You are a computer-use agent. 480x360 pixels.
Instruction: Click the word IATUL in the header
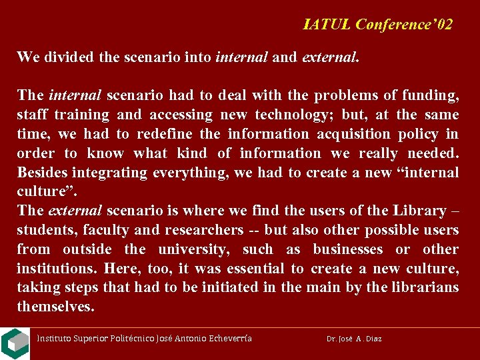[327, 25]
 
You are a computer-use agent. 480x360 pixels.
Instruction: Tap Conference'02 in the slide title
[404, 25]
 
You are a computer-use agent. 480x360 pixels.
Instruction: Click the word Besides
[43, 172]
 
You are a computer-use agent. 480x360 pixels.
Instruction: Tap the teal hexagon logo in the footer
[14, 343]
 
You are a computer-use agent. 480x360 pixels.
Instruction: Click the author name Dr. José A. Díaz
[354, 339]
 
